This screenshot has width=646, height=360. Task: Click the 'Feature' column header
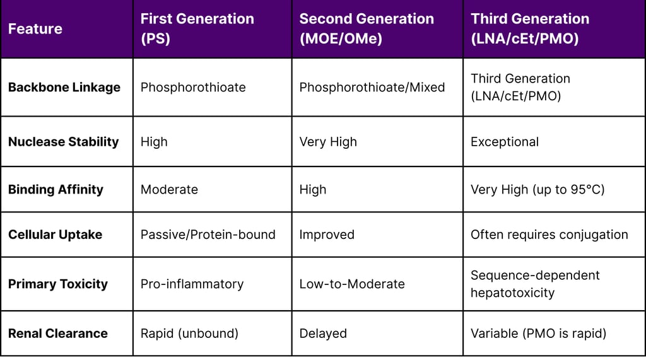click(35, 29)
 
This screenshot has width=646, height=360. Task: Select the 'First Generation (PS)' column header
click(197, 28)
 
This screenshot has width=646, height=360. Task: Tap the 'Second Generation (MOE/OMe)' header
click(366, 28)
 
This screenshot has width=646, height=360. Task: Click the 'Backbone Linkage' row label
click(64, 88)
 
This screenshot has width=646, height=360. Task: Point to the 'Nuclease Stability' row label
click(63, 142)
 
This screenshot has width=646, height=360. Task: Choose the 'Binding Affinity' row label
click(56, 190)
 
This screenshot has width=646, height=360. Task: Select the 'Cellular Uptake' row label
click(55, 235)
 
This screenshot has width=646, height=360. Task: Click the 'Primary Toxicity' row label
click(57, 284)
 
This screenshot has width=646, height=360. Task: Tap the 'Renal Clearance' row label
click(57, 334)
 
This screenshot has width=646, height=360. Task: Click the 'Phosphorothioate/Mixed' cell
click(372, 88)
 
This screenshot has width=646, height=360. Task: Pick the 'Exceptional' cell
click(505, 142)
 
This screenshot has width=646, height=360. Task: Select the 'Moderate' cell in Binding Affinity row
click(169, 190)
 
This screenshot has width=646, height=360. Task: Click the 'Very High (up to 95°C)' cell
click(537, 190)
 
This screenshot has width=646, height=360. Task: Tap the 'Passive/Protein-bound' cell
click(208, 235)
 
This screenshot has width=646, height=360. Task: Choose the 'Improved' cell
click(327, 235)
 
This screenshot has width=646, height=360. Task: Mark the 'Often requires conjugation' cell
click(549, 235)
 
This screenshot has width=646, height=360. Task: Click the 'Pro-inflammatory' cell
click(192, 284)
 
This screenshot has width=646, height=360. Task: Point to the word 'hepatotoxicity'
click(512, 293)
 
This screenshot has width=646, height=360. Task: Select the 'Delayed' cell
click(323, 334)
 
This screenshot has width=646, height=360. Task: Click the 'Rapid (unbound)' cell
click(189, 334)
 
